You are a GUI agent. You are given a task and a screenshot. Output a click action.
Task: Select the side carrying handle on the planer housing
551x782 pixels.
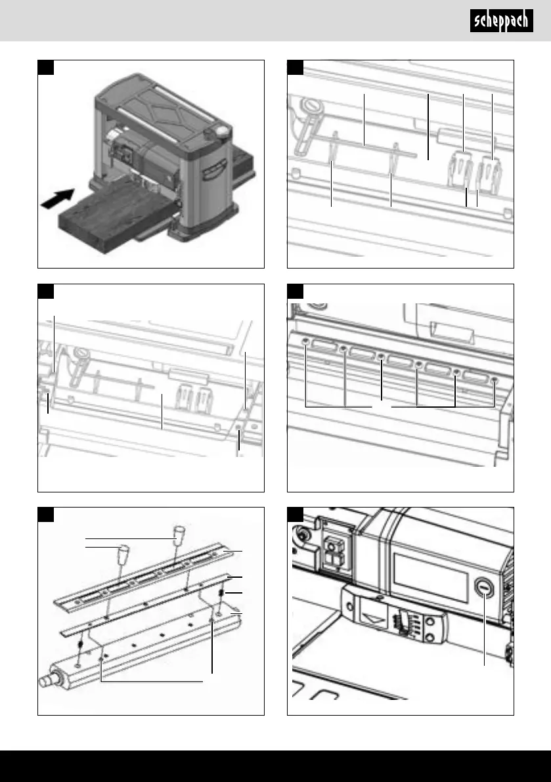211,173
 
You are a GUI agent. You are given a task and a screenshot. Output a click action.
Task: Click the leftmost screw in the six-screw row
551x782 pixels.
307,341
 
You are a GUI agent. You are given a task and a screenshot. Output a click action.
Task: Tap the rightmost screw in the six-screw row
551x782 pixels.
495,380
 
